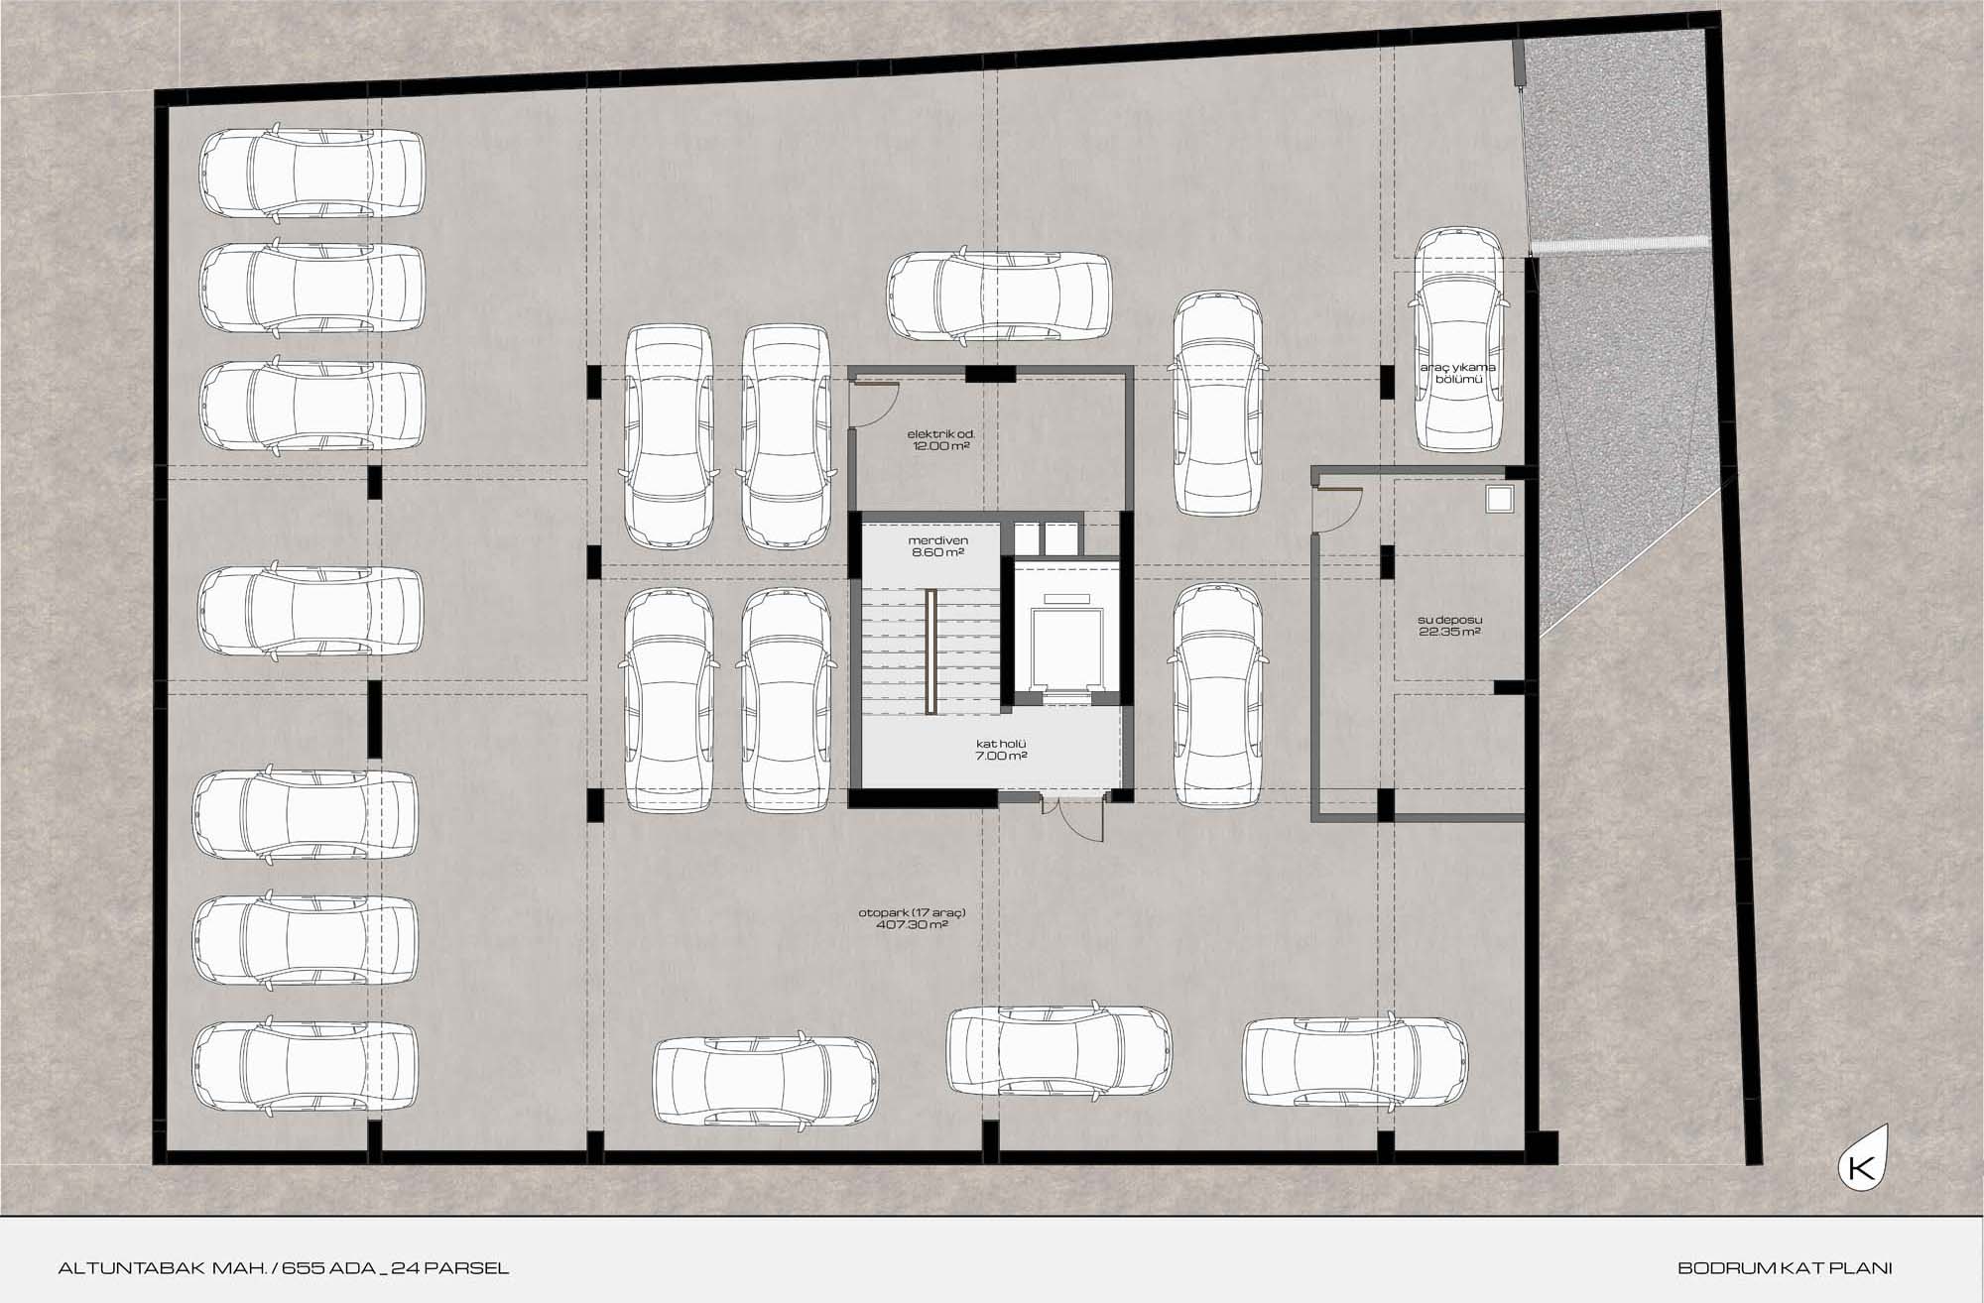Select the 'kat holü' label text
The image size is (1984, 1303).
[1001, 743]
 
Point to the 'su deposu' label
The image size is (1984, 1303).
[1449, 620]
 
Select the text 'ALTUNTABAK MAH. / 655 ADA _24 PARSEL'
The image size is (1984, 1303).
[284, 1267]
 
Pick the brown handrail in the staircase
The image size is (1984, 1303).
[931, 651]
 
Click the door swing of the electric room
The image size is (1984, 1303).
[875, 405]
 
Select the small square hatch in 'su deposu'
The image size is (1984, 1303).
[1499, 498]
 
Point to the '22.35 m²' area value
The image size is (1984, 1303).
[1449, 632]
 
